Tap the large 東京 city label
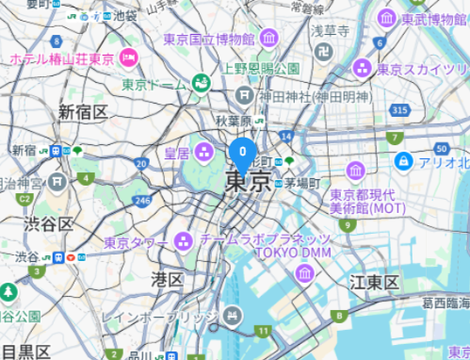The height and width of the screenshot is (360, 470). [x=249, y=180]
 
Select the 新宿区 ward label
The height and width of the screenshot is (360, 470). [x=83, y=112]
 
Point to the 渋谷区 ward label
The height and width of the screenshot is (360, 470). [x=49, y=223]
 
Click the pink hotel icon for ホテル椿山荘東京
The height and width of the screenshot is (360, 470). [x=129, y=58]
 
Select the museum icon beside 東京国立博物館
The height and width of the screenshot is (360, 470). [x=270, y=39]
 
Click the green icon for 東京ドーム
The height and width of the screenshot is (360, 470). [x=201, y=84]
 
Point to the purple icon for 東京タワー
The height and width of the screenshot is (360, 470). [x=182, y=242]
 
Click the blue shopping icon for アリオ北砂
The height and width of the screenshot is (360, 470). [x=403, y=162]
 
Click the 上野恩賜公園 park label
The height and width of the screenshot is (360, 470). [x=261, y=69]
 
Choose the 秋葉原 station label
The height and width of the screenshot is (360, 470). [x=233, y=121]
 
